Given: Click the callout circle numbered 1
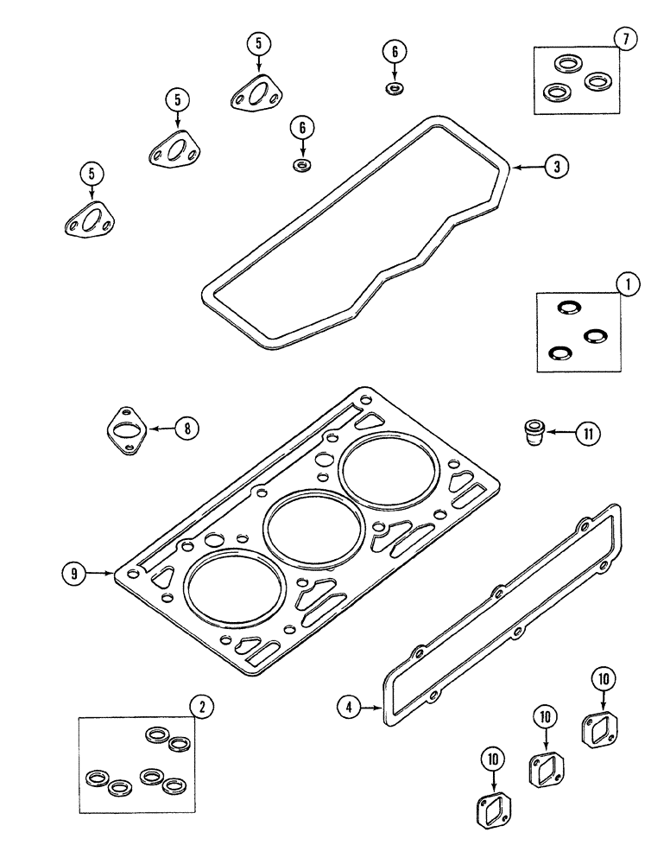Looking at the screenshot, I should coord(628,283).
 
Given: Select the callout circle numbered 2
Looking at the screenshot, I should coord(202,707).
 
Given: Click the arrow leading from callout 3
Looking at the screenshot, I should coord(527,167).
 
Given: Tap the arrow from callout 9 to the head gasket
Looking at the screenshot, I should coord(101,572).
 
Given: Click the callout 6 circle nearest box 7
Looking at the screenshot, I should coord(395,52).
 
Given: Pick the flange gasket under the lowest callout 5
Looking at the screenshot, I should coord(89,221).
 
